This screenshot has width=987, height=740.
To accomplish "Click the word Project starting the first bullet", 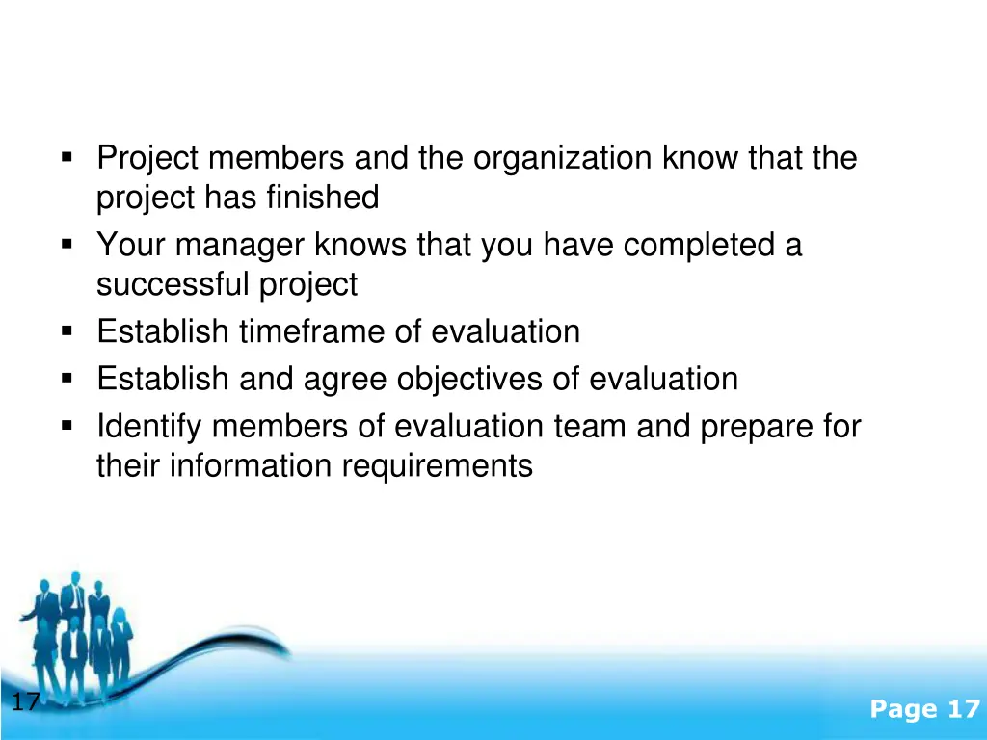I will (x=149, y=158).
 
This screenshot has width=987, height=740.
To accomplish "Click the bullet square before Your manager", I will (x=67, y=245).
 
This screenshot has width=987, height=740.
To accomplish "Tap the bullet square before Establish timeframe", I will (x=67, y=330).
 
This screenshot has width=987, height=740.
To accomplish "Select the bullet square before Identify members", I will (x=67, y=425).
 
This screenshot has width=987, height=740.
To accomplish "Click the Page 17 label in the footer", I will (x=923, y=710).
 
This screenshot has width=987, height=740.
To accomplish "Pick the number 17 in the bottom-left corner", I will (x=26, y=702).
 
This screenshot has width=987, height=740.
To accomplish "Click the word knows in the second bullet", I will (x=361, y=246).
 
